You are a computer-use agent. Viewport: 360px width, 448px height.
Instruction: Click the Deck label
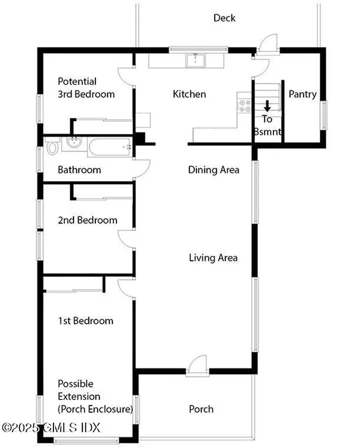tap(224, 18)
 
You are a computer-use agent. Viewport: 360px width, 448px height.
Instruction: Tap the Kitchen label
tap(189, 94)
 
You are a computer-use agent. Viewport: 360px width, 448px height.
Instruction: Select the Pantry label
tap(302, 94)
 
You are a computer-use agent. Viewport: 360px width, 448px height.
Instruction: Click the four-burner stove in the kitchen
tap(244, 105)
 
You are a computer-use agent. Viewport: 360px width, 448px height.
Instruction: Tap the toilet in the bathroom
tap(52, 147)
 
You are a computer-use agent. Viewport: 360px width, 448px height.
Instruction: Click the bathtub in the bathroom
tap(110, 147)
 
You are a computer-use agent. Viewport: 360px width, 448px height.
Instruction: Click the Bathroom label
tap(79, 170)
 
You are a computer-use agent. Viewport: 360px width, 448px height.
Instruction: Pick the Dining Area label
tap(213, 170)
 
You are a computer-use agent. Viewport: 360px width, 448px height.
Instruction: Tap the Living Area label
tap(213, 258)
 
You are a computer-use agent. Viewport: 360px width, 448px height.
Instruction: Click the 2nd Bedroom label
tap(87, 220)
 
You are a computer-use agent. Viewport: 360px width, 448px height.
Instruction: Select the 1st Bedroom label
tap(85, 321)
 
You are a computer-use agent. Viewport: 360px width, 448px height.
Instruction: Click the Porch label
tap(201, 409)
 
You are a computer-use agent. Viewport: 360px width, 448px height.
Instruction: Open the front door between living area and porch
tap(197, 367)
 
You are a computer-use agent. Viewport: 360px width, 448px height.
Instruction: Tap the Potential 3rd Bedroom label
tap(86, 88)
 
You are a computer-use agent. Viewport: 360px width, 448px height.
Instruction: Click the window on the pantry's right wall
tap(324, 115)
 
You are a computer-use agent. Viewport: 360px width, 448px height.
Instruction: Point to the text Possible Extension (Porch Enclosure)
tap(95, 396)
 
